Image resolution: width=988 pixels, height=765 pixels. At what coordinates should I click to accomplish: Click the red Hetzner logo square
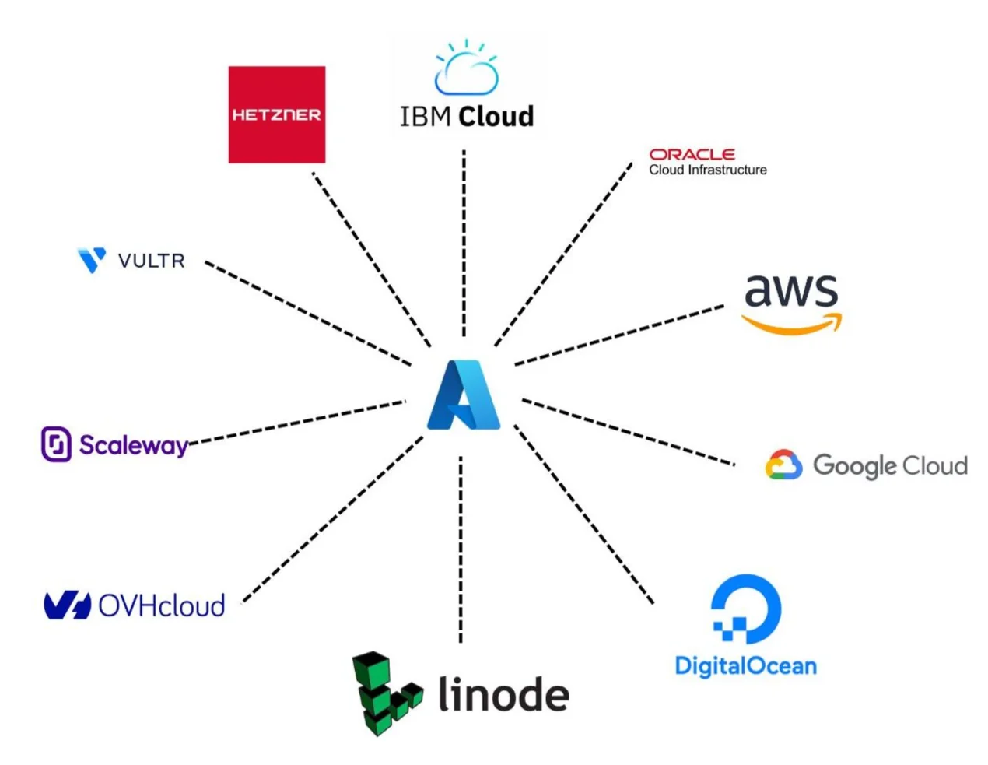click(276, 114)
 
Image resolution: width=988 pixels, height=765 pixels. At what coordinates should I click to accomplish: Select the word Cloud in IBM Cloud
click(496, 117)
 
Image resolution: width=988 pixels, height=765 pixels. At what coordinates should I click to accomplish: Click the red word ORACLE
click(692, 154)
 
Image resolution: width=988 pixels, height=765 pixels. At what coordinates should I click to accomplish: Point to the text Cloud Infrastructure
click(708, 170)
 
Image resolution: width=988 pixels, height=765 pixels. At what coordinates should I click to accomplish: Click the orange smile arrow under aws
click(792, 323)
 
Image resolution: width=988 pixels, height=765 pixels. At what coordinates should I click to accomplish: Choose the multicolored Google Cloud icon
click(783, 465)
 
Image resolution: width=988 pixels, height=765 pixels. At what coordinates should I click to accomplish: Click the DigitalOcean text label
click(745, 666)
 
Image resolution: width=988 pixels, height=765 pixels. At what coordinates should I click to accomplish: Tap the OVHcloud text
click(162, 605)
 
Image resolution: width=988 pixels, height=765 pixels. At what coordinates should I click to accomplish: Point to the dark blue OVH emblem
click(67, 605)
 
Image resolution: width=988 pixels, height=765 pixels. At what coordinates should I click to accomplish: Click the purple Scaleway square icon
click(56, 444)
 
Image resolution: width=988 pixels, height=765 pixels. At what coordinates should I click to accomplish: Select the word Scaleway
click(133, 445)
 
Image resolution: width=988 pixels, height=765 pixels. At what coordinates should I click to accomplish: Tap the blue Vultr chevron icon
click(92, 260)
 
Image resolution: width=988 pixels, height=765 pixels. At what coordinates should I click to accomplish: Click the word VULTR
click(152, 261)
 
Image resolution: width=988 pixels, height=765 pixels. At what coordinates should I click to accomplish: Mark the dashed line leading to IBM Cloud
click(464, 241)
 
